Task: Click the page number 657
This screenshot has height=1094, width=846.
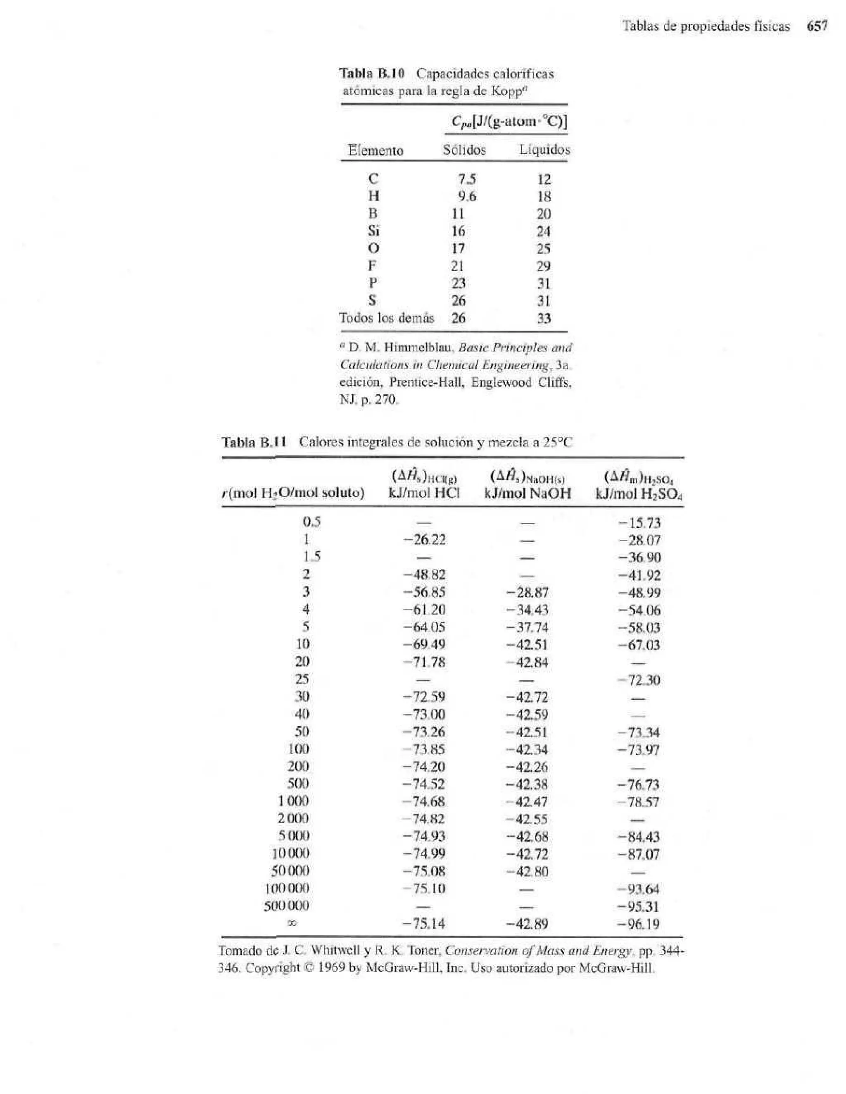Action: (817, 26)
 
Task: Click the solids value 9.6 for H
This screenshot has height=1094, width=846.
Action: (466, 196)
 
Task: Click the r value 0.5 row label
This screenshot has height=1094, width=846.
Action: (311, 522)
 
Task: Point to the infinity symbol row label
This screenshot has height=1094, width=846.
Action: (302, 922)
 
